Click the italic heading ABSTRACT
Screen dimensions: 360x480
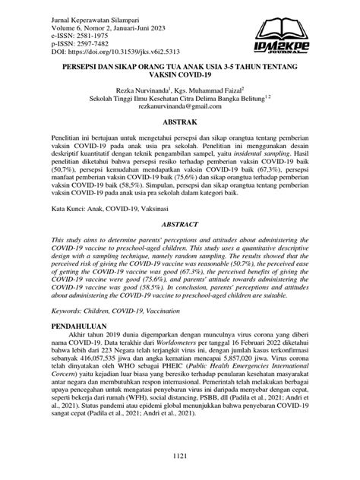179,226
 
